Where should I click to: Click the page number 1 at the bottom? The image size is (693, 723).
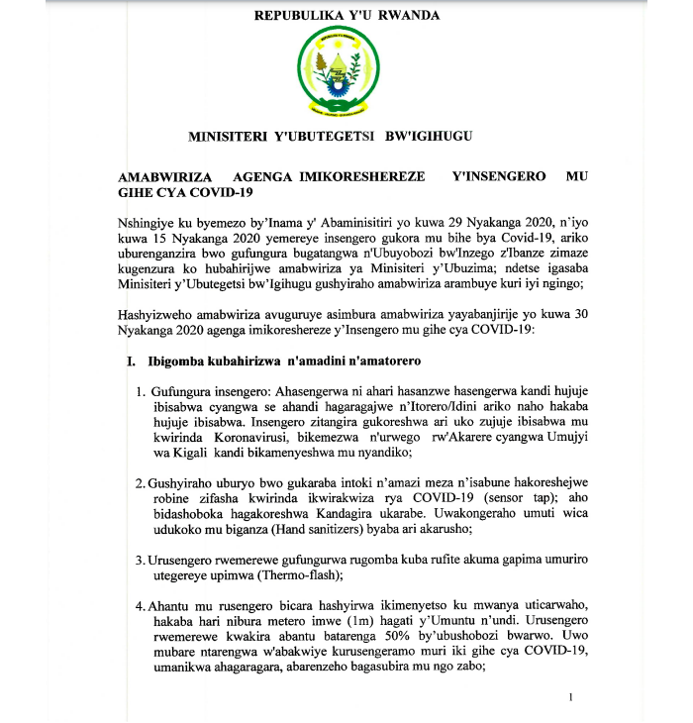pyautogui.click(x=571, y=699)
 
